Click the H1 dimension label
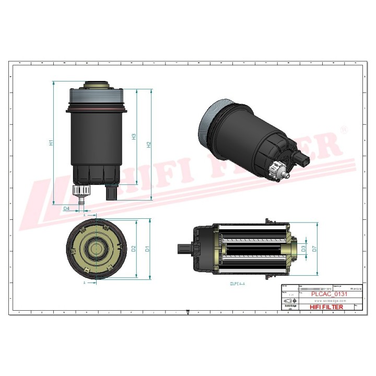tap(51, 143)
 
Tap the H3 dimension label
tap(134, 137)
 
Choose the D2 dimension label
tap(134, 249)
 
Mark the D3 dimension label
tap(303, 249)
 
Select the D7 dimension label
tap(314, 249)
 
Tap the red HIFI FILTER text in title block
tap(327, 307)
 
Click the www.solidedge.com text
tap(326, 301)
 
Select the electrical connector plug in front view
tap(112, 192)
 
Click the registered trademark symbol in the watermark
tap(343, 129)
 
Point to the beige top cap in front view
tap(96, 85)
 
